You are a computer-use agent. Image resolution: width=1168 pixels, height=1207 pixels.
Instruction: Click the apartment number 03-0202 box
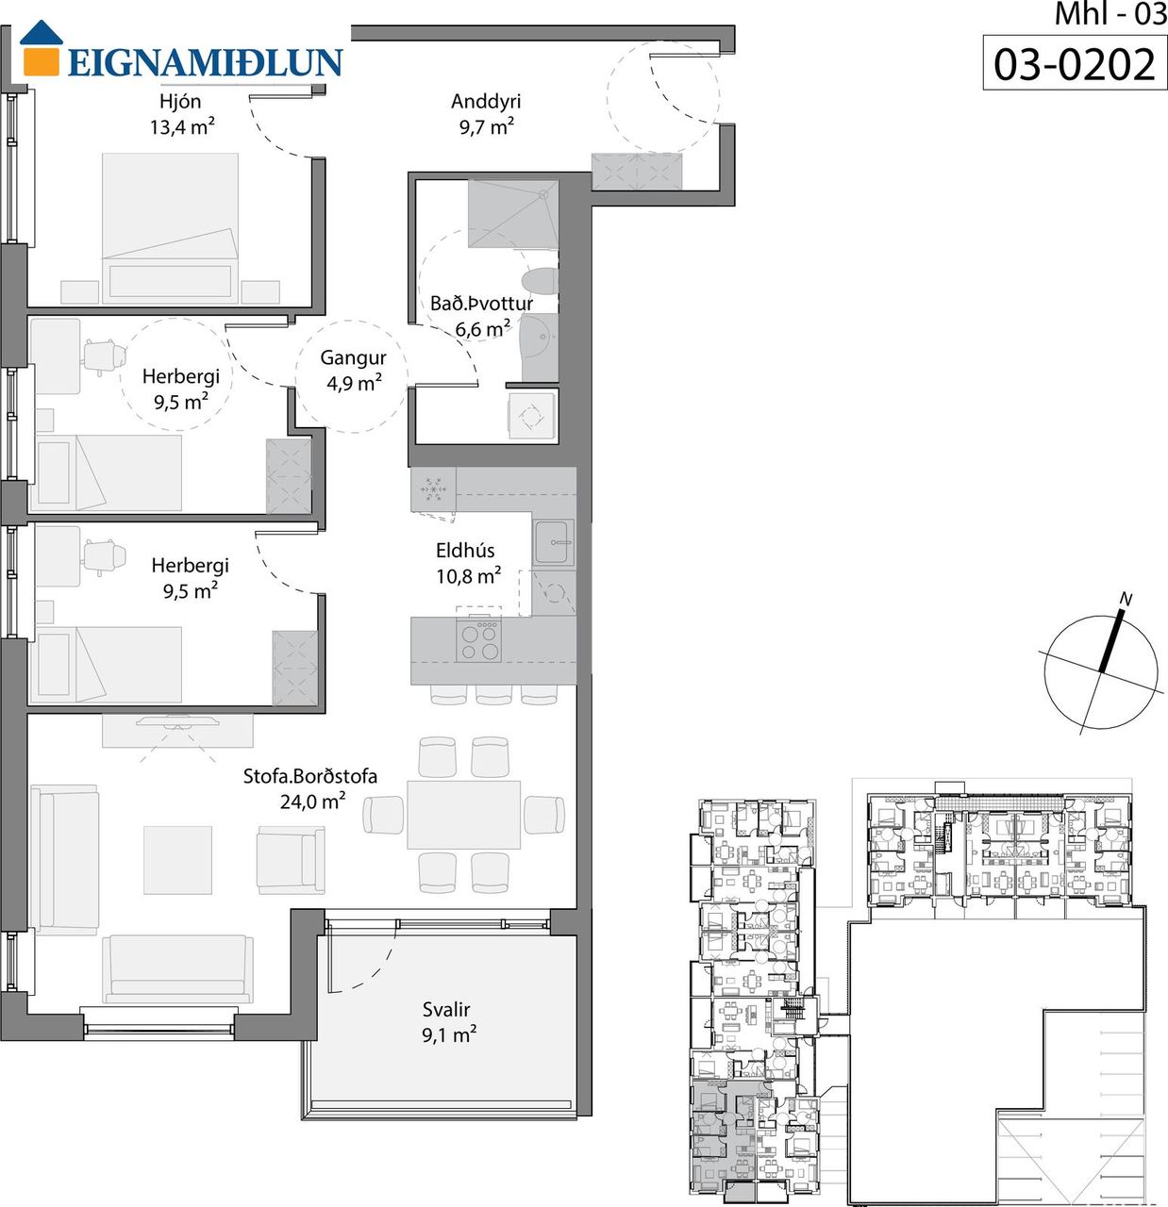tap(1075, 63)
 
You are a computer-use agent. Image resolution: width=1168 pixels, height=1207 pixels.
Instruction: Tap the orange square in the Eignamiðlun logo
tap(42, 60)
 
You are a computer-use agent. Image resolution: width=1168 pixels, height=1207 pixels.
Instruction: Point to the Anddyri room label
tap(486, 101)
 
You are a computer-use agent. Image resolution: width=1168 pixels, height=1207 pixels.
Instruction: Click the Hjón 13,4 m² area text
tap(181, 127)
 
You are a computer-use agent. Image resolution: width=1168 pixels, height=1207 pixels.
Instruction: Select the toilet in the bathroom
tap(540, 281)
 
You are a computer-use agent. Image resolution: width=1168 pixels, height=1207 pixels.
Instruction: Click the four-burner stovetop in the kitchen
tap(479, 640)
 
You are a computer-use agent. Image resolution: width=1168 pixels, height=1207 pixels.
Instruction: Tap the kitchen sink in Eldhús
tap(554, 542)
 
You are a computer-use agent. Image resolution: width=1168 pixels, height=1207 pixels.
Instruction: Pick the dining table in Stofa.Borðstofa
tap(463, 815)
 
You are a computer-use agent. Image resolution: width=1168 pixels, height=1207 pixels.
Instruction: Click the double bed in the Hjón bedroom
tap(170, 228)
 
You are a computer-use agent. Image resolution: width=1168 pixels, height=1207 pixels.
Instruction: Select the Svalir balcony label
tap(446, 1009)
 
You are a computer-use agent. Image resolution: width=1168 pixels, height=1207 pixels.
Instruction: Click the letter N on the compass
tap(1126, 599)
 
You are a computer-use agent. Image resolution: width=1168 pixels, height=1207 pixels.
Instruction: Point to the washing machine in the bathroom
tap(531, 415)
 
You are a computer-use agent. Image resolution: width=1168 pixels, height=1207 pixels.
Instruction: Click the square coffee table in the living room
tap(177, 860)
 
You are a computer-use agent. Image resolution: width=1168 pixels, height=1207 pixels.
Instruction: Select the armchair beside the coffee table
tap(291, 860)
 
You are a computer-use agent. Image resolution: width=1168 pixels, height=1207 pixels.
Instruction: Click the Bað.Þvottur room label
tap(481, 304)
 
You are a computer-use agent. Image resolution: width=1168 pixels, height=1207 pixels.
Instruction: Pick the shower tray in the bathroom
tap(512, 214)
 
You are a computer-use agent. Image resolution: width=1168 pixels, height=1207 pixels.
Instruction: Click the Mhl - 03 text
tap(1110, 14)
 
